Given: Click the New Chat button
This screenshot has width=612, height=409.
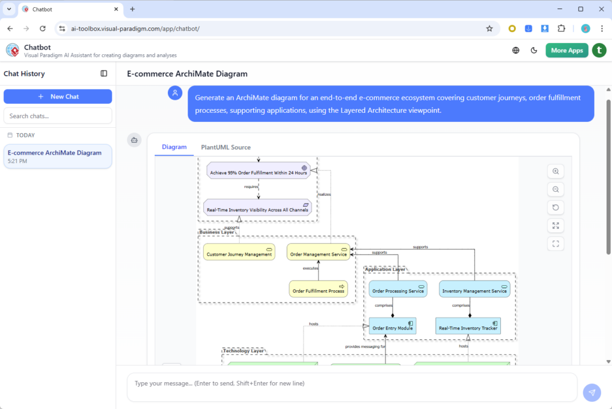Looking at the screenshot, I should [58, 96].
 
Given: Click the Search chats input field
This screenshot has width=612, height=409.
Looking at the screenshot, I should [58, 116].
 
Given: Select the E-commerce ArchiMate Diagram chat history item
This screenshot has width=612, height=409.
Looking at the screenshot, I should [58, 156].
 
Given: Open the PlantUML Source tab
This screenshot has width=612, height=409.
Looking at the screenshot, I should [226, 147].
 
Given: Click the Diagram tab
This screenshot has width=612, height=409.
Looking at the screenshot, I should [174, 147].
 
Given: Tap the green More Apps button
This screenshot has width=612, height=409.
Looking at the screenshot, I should [567, 50].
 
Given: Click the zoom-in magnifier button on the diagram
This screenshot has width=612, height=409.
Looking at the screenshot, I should [556, 171].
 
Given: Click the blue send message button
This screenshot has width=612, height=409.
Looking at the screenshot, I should [592, 392].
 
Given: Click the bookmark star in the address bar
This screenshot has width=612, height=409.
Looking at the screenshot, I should [489, 28].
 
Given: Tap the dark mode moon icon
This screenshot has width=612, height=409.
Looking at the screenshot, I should [534, 50].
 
